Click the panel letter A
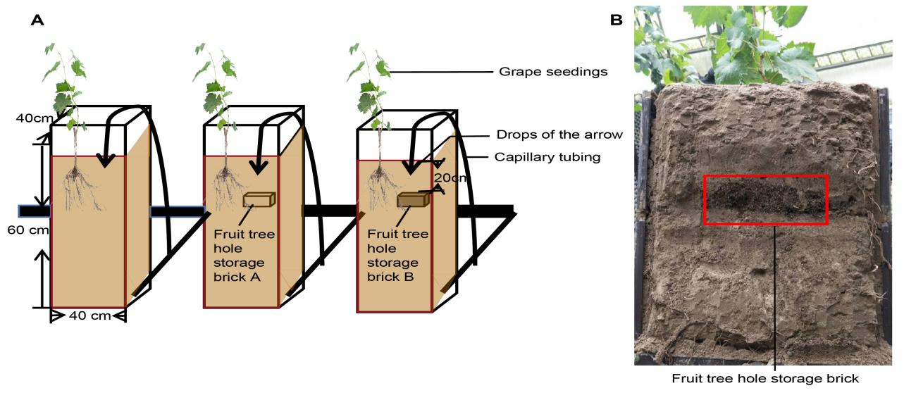[37, 21]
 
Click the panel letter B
[617, 21]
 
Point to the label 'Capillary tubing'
[548, 157]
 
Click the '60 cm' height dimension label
[23, 230]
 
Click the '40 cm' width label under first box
[89, 315]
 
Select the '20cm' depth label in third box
[450, 178]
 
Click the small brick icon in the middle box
[258, 200]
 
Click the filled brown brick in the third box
[412, 201]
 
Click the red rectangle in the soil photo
[766, 200]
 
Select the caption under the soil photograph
[765, 378]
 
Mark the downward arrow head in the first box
[105, 160]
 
